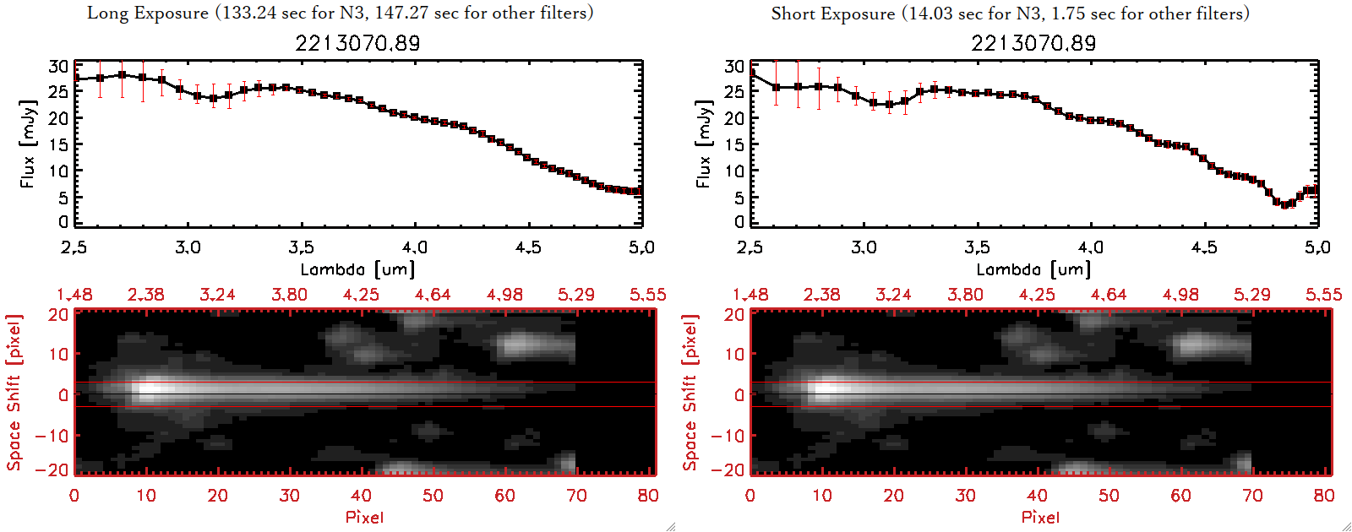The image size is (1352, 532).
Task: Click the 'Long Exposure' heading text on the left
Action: (148, 13)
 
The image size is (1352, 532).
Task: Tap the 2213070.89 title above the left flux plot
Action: (357, 43)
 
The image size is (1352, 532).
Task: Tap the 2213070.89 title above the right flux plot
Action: (1033, 43)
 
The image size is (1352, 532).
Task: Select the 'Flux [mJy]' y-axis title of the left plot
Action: (28, 144)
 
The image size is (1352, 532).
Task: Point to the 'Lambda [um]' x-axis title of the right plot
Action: (1033, 269)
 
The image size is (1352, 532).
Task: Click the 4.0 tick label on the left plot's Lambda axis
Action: (415, 247)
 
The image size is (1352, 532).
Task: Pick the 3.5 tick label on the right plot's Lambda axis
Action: (977, 247)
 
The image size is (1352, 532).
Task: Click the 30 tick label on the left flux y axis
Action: (58, 66)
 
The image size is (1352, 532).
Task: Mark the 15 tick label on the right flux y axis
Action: (734, 144)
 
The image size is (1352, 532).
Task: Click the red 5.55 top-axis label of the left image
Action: (647, 295)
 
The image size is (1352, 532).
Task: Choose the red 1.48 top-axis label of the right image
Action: (750, 295)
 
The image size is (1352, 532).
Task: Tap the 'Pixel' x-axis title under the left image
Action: (364, 517)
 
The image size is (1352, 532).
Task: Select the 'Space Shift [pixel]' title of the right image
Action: (690, 392)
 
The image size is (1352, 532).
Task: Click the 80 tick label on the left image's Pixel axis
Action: (648, 496)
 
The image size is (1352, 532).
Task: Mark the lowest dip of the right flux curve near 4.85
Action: (1285, 204)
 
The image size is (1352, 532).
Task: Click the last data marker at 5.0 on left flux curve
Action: (638, 192)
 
